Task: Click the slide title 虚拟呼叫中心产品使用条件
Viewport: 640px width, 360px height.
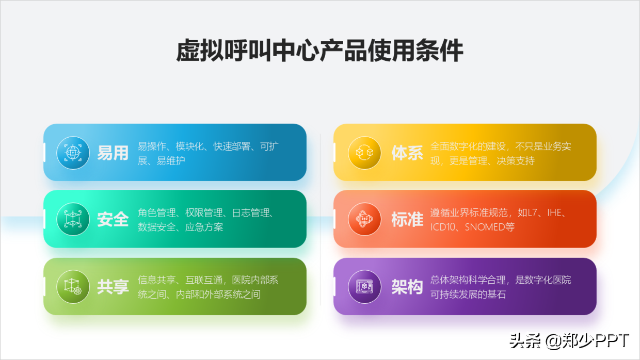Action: tap(319, 51)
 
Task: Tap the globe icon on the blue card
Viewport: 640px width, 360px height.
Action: tap(73, 153)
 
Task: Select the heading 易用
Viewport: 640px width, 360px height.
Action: tap(113, 153)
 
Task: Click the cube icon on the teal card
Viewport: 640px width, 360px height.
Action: tap(73, 219)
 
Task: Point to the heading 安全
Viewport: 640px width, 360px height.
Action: tap(113, 219)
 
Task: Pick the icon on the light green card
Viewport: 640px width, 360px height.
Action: tap(73, 287)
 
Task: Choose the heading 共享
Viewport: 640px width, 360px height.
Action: tap(113, 287)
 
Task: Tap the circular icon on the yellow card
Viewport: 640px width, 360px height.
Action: tap(364, 153)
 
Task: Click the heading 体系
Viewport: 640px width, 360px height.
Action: tap(407, 153)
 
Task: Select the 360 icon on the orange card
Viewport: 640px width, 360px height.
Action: tap(364, 219)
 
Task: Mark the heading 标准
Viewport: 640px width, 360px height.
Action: tap(407, 219)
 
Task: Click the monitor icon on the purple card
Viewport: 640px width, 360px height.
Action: tap(364, 287)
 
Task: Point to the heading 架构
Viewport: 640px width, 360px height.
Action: tap(407, 287)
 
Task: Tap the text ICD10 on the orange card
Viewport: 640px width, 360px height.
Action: tap(443, 227)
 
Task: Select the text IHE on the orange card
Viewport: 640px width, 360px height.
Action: tap(554, 212)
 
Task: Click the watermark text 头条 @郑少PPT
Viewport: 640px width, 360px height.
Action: tap(569, 341)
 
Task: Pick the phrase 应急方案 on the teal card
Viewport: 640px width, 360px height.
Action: tap(204, 227)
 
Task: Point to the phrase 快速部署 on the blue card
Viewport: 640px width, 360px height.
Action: tap(232, 146)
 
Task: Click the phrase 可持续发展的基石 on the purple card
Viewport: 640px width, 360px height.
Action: tap(468, 294)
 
